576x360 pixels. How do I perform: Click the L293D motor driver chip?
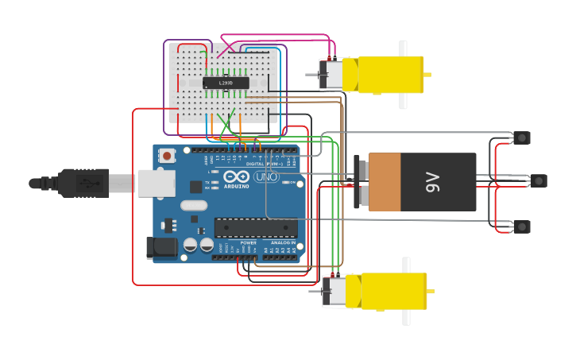tap(226, 83)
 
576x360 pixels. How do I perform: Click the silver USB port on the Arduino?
tap(156, 182)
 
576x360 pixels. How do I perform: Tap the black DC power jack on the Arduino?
tap(163, 247)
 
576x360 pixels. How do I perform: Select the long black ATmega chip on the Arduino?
tap(256, 227)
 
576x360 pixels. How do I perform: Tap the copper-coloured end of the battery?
tap(385, 182)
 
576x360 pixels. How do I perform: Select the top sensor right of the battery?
tap(521, 137)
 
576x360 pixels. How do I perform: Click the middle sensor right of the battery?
tap(539, 181)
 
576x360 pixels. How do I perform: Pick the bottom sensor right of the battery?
tap(521, 226)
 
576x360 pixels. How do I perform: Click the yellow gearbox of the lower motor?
tap(392, 291)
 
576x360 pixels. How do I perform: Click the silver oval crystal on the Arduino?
tap(193, 205)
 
